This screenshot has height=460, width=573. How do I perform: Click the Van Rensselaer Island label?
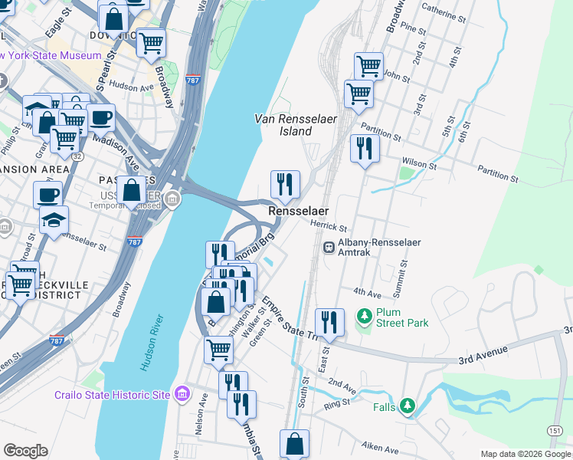click(x=284, y=124)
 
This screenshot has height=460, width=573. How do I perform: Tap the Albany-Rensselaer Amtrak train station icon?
click(x=329, y=248)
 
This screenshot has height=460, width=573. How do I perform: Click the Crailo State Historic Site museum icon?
click(x=182, y=394)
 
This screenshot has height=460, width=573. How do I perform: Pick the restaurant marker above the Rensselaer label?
click(x=285, y=184)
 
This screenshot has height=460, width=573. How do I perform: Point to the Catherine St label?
click(x=444, y=14)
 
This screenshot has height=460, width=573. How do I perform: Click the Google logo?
click(x=25, y=451)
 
